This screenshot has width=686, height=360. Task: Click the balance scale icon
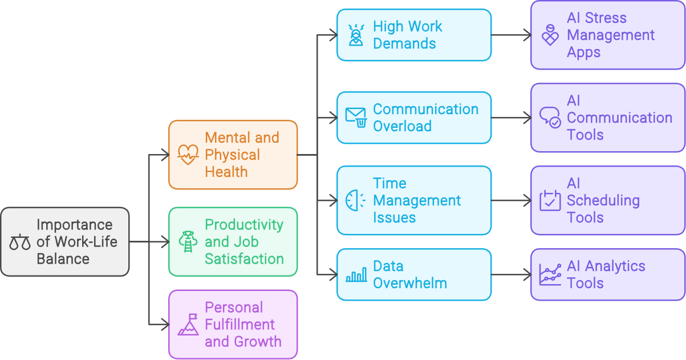(x=20, y=242)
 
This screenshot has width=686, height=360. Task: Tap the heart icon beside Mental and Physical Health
(x=188, y=155)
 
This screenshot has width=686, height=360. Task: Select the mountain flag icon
(x=188, y=324)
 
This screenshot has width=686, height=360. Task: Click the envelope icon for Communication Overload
(x=356, y=117)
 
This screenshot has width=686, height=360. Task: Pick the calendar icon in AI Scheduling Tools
(x=550, y=200)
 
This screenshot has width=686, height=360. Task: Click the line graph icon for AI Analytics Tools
(x=550, y=275)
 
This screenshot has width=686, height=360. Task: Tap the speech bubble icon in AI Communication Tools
(x=550, y=118)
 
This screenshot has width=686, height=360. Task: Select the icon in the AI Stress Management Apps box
(x=550, y=35)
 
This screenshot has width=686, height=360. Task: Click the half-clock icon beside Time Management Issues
(x=356, y=200)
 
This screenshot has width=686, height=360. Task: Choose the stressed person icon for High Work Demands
(x=356, y=35)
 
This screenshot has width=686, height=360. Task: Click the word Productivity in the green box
(x=244, y=225)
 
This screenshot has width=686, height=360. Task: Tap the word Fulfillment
(x=240, y=325)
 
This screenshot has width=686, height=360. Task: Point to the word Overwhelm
(x=410, y=283)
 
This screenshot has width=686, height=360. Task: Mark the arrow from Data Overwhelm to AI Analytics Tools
(x=511, y=275)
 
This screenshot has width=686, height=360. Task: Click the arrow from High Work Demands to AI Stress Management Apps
(x=511, y=35)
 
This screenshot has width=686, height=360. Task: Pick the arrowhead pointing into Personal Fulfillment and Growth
(x=165, y=324)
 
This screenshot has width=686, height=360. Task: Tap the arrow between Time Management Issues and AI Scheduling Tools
(x=511, y=200)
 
